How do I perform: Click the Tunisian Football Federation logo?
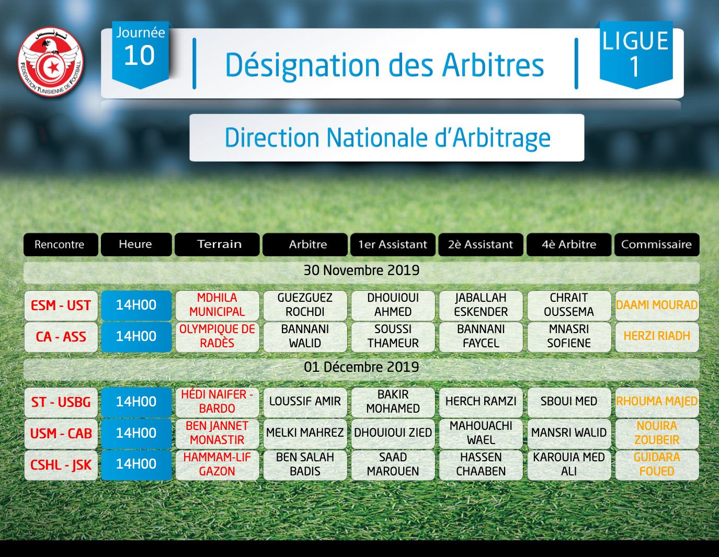[x=51, y=62]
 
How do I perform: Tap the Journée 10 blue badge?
[x=141, y=54]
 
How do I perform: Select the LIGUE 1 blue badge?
[x=636, y=54]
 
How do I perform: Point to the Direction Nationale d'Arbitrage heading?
[x=387, y=138]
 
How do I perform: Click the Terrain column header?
[x=217, y=244]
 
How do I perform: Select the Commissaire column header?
[x=657, y=244]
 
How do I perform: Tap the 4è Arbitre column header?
[x=569, y=244]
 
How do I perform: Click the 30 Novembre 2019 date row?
[x=361, y=272]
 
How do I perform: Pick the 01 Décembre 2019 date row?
[x=361, y=369]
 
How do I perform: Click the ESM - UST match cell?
[x=61, y=305]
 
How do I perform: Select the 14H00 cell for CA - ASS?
[x=136, y=337]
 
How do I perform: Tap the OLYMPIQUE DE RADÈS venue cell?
[x=217, y=337]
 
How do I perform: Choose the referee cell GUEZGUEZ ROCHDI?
[x=305, y=305]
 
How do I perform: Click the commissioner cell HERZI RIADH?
[x=657, y=337]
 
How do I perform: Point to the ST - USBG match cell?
[x=61, y=402]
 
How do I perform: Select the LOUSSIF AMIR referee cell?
[x=305, y=402]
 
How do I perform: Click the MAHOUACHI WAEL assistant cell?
[x=481, y=434]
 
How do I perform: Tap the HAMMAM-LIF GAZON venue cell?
[x=217, y=465]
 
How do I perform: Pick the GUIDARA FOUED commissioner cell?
[x=657, y=465]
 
